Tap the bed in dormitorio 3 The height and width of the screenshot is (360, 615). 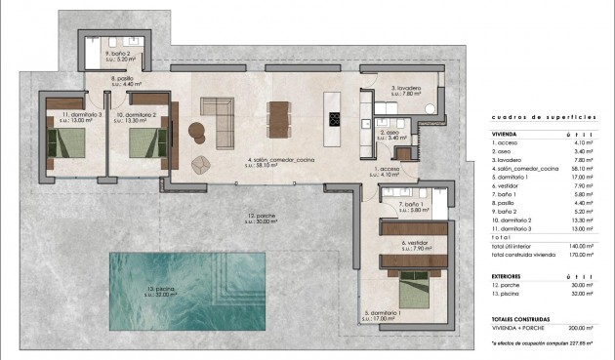point(66,145)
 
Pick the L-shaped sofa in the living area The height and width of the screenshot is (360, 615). point(218,116)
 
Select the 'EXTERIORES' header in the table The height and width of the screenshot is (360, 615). point(511,276)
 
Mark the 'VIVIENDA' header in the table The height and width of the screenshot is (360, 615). point(506,135)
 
